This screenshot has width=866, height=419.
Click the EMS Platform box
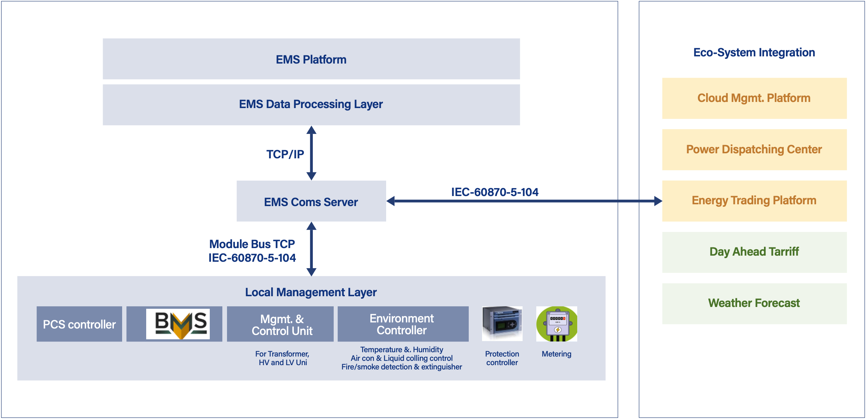point(311,59)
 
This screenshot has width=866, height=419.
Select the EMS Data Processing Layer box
point(311,104)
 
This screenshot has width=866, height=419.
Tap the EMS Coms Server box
point(311,201)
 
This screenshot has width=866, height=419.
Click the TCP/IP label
point(285,154)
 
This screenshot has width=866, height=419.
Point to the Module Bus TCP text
point(252,244)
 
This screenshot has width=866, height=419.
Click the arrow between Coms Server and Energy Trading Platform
point(524,201)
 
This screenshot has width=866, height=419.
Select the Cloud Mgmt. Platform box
point(754,98)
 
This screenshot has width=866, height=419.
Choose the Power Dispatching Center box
point(754,150)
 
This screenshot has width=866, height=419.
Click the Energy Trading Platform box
point(754,201)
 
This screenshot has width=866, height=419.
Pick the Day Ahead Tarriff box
point(754,252)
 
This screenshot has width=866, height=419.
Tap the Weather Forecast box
point(754,303)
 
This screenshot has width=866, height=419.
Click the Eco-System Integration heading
point(754,53)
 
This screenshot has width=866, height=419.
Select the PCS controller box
point(79,324)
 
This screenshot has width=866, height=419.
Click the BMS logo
point(178,324)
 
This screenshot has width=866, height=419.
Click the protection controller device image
point(502,323)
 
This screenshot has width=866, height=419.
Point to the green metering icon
point(557,323)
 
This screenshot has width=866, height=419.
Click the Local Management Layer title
point(311,292)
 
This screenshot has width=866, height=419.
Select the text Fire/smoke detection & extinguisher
point(402,367)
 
